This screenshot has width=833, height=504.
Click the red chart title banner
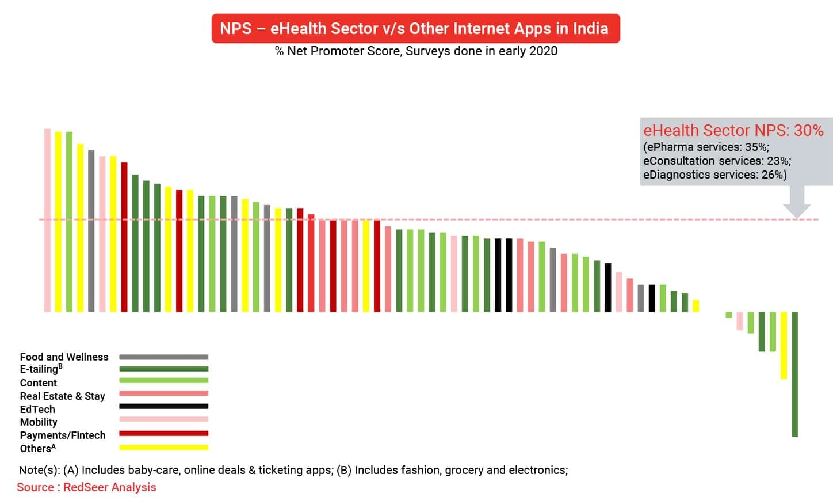click(x=415, y=28)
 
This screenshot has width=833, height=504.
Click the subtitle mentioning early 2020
click(x=416, y=51)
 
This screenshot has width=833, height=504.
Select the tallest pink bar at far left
click(x=47, y=219)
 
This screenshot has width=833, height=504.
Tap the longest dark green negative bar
click(x=794, y=374)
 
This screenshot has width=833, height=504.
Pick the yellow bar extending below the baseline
click(x=784, y=346)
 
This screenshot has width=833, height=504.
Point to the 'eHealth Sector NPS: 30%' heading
click(x=733, y=131)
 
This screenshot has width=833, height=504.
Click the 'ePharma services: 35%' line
click(x=706, y=147)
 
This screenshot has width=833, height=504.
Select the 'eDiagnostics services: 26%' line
click(x=714, y=175)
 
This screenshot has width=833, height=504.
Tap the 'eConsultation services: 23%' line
click(x=717, y=161)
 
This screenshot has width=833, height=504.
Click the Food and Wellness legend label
click(x=64, y=357)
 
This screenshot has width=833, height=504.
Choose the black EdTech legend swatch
click(x=163, y=407)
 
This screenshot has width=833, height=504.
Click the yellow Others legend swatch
click(x=163, y=447)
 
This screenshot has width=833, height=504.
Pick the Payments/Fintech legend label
click(x=63, y=435)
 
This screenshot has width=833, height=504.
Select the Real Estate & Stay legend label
click(x=62, y=396)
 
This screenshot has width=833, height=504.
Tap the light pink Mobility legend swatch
click(x=163, y=419)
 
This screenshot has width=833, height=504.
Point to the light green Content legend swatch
click(x=163, y=380)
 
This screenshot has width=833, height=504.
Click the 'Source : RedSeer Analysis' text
click(x=86, y=487)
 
